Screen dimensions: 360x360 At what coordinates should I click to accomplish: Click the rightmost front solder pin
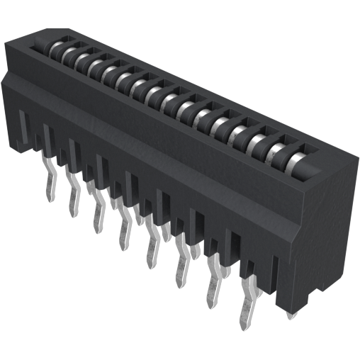(247, 305)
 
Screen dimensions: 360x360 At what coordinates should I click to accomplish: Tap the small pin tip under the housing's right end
(290, 315)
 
